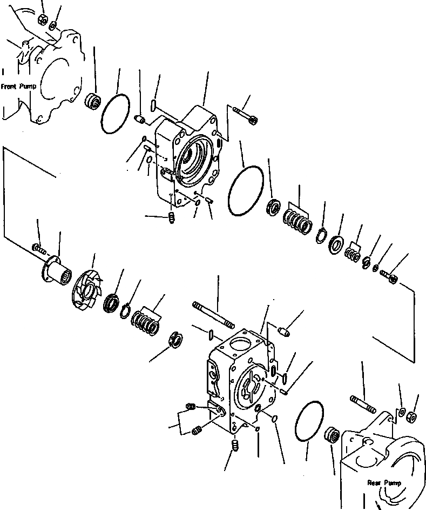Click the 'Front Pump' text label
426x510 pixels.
[19, 86]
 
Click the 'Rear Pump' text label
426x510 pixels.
[382, 482]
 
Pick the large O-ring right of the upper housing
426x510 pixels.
[246, 190]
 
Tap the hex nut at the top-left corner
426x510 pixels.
[41, 20]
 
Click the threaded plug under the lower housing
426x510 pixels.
[235, 446]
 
